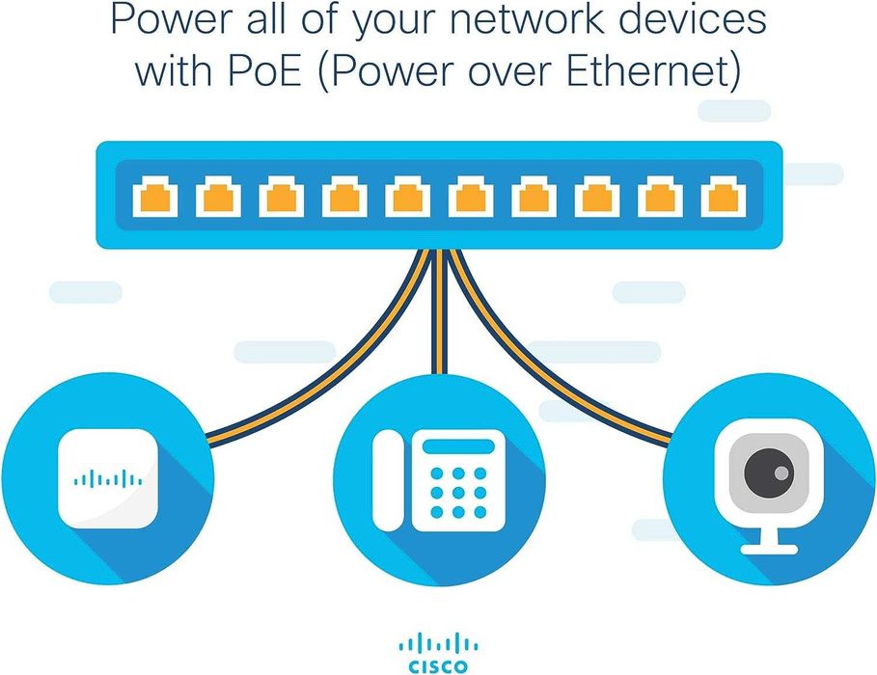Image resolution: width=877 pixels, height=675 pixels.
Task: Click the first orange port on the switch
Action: (x=155, y=197)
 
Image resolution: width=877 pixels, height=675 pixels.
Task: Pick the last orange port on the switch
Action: (x=720, y=197)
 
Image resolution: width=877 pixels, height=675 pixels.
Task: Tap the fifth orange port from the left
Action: (x=407, y=197)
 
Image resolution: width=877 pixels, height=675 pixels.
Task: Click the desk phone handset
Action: (x=389, y=479)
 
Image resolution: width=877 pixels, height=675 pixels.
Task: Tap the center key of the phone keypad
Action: (x=457, y=492)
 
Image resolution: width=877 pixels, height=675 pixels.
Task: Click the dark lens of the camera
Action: (x=770, y=472)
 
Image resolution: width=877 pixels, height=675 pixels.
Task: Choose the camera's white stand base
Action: (x=769, y=548)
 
